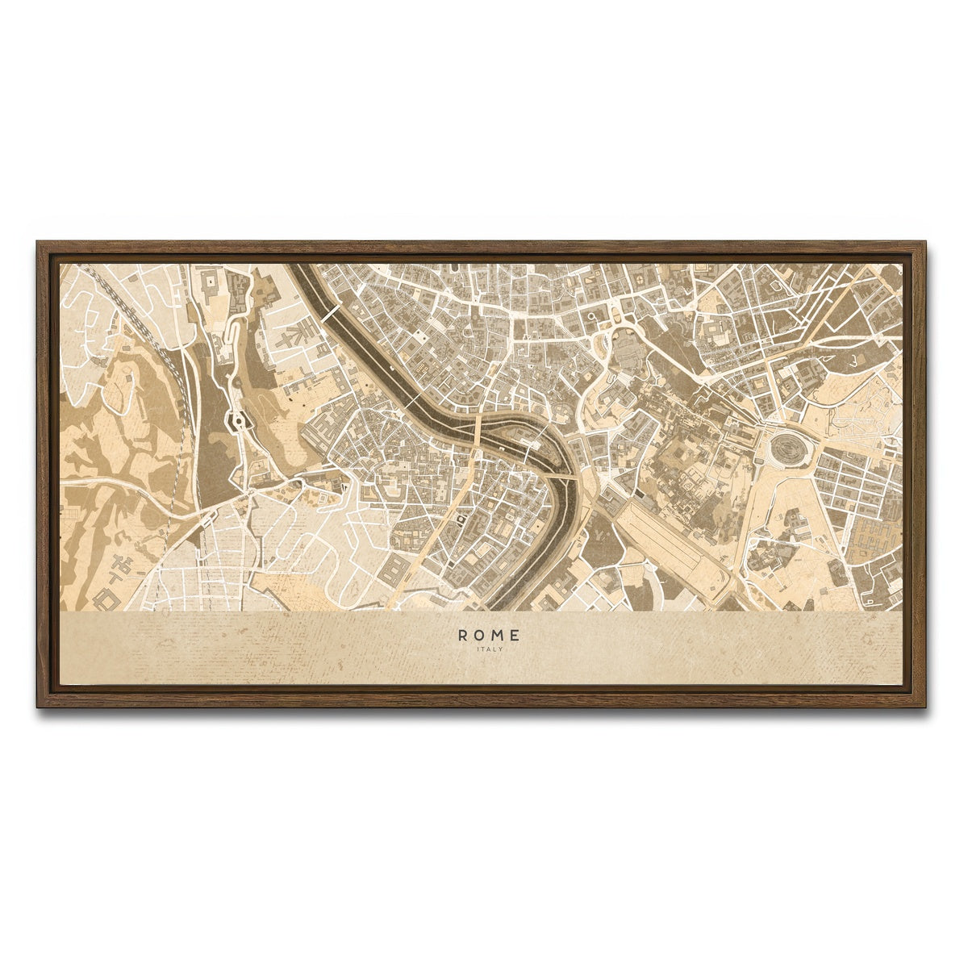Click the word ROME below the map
[490, 636]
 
